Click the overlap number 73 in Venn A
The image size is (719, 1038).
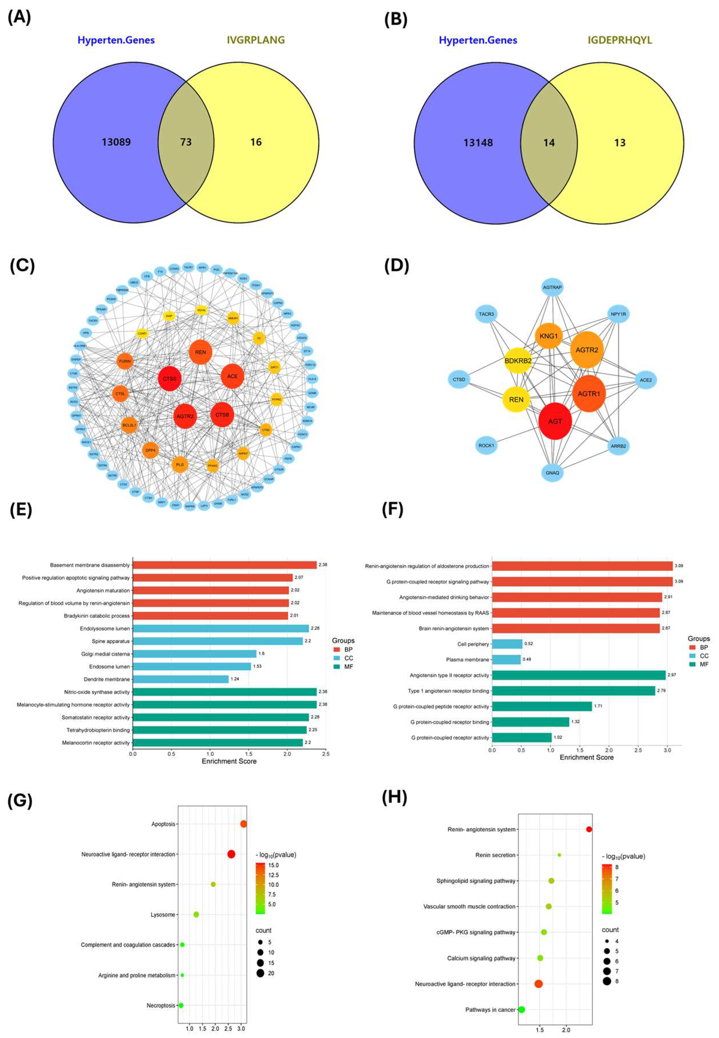[186, 142]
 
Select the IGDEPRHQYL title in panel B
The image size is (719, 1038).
[619, 40]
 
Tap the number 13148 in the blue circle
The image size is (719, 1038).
[478, 143]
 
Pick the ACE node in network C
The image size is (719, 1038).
[232, 376]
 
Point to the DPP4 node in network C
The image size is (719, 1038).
[150, 450]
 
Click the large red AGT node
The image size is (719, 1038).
[555, 421]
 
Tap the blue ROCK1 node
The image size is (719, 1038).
[486, 445]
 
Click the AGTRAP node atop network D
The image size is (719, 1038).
[552, 287]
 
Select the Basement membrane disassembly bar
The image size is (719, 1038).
[224, 565]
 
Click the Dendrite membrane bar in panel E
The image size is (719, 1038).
[180, 679]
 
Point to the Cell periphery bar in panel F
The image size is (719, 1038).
[507, 644]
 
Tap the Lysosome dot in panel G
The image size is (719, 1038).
[196, 915]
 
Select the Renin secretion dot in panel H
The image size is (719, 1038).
[559, 855]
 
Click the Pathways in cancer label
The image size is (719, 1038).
[490, 1010]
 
